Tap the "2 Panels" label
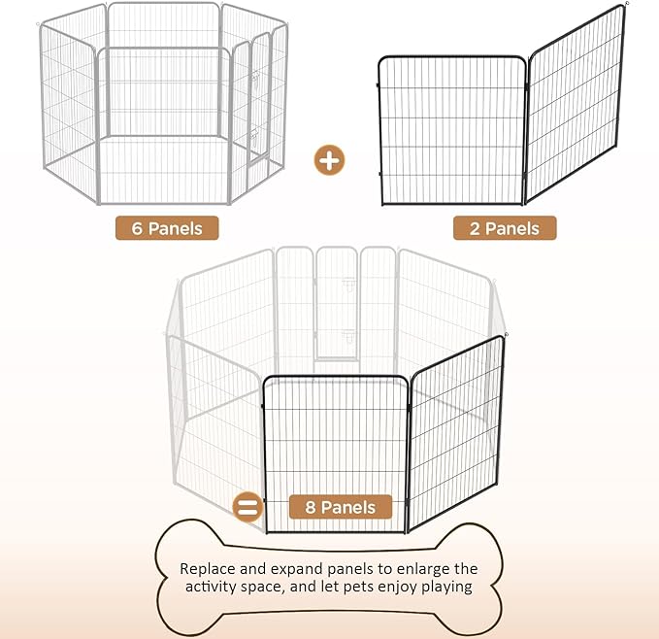coord(505,228)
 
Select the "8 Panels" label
coord(340,506)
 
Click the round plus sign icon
coord(330,159)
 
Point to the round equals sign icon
coord(248,507)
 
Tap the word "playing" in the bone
coord(448,588)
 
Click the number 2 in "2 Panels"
coord(464,228)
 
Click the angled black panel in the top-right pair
coord(575,107)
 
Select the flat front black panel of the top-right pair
coord(451,131)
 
